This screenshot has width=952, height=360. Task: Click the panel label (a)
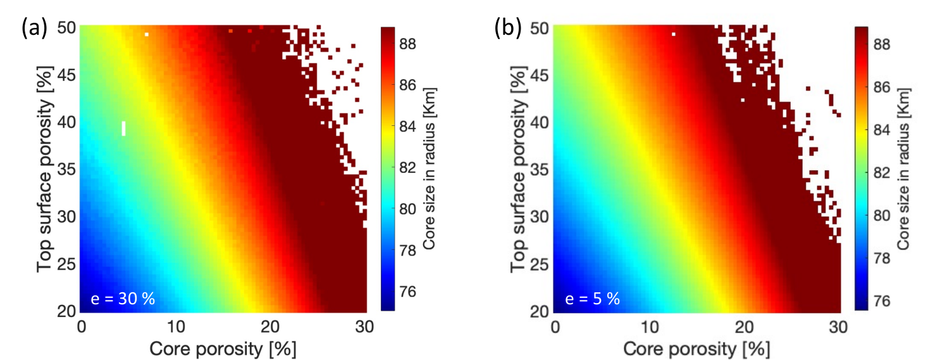[34, 28]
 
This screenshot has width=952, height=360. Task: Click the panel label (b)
[507, 28]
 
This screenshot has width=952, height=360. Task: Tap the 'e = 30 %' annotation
[123, 299]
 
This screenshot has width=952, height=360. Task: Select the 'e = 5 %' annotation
[593, 299]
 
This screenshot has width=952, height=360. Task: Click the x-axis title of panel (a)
[223, 349]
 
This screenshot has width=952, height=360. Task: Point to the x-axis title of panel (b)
[696, 349]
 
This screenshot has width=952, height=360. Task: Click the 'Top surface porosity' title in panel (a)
[45, 169]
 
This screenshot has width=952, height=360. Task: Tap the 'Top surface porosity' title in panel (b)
[519, 169]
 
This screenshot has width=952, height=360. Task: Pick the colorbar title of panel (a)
[430, 169]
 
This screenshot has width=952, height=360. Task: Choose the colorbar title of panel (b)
[903, 169]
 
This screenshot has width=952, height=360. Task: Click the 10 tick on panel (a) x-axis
[175, 327]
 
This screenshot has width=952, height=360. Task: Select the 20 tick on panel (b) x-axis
[744, 327]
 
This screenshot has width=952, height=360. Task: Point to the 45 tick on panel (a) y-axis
[66, 76]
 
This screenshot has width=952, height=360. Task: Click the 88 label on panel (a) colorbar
[407, 44]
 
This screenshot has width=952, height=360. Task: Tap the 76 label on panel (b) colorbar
[881, 301]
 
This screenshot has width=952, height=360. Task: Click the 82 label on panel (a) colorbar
[407, 168]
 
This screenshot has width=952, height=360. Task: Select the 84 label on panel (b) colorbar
[881, 130]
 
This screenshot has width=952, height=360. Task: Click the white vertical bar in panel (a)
[124, 128]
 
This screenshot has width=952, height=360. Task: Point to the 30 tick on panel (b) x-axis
[838, 327]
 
